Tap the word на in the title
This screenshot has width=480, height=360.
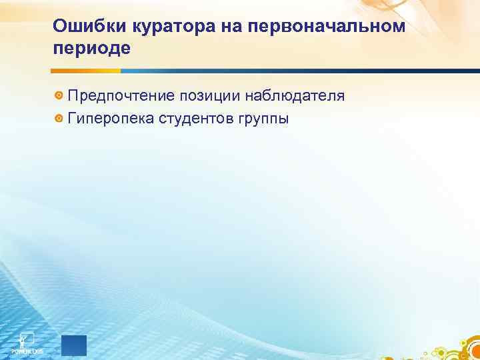[x=212, y=26]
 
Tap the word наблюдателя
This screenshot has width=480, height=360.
[x=293, y=97]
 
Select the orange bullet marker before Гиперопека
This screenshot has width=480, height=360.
[x=59, y=119]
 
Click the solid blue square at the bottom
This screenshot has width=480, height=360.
[x=74, y=346]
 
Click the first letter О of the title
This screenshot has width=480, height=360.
[x=59, y=26]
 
